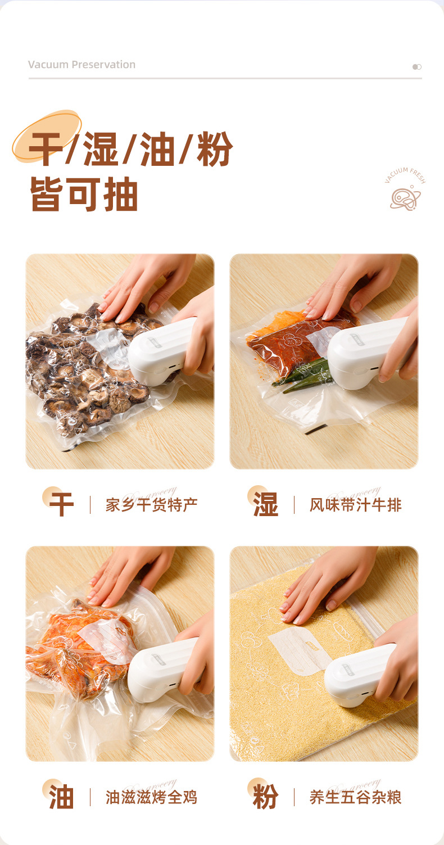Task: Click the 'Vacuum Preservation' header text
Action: (x=81, y=65)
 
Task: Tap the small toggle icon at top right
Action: (x=416, y=67)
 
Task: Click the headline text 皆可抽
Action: (x=84, y=195)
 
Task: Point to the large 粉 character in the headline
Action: (x=215, y=150)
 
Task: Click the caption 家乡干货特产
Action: (x=151, y=505)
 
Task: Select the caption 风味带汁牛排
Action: (x=355, y=505)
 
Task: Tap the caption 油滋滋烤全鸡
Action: (x=151, y=797)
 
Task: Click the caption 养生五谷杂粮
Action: (x=355, y=797)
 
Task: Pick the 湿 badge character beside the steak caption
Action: (x=265, y=504)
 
